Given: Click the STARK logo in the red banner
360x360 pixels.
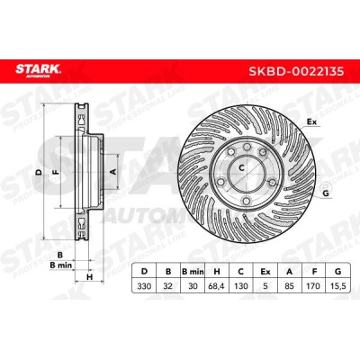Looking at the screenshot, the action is pyautogui.click(x=39, y=71).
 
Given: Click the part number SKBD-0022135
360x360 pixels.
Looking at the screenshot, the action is pyautogui.click(x=296, y=72).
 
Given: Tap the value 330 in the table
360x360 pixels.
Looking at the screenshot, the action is pyautogui.click(x=144, y=286).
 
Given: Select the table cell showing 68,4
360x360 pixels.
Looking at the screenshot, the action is pyautogui.click(x=216, y=286).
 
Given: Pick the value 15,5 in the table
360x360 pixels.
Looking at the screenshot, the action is pyautogui.click(x=337, y=286).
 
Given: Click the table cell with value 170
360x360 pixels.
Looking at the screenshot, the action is pyautogui.click(x=313, y=286).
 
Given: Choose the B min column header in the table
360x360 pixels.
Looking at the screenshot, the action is pyautogui.click(x=193, y=272).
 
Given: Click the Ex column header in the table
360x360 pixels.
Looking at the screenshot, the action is pyautogui.click(x=265, y=272).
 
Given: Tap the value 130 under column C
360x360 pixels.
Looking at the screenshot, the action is pyautogui.click(x=241, y=286).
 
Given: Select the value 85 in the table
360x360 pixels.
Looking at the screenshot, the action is pyautogui.click(x=289, y=286).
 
